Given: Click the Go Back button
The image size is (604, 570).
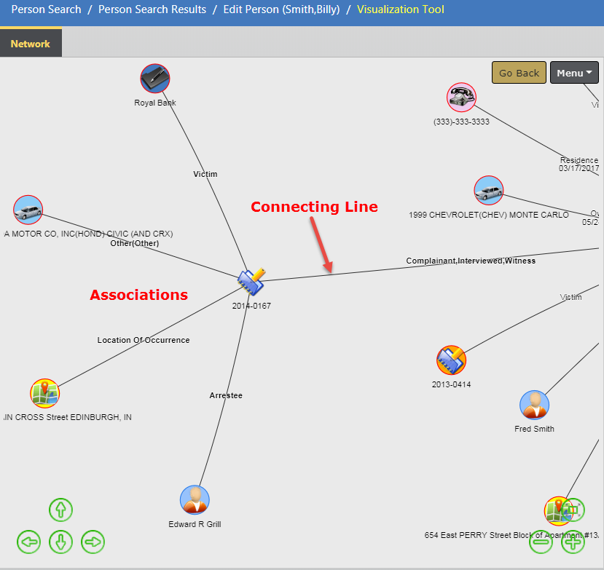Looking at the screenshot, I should click(x=519, y=73).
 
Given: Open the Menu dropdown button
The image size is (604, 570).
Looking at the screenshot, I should click(x=574, y=73).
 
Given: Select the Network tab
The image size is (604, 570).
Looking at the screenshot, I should click(x=31, y=44).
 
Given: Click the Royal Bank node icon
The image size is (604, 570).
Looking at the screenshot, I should click(x=155, y=79).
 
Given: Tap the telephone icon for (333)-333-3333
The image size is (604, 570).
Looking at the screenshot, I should click(x=461, y=97).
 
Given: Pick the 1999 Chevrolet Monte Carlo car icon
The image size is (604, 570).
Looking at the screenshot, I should click(x=489, y=191).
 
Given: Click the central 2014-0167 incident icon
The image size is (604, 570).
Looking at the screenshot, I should click(x=251, y=280).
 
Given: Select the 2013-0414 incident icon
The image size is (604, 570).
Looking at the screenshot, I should click(x=451, y=360).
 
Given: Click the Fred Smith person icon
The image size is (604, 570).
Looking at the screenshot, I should click(x=534, y=405).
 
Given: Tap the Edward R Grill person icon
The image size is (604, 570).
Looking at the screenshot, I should click(x=195, y=500).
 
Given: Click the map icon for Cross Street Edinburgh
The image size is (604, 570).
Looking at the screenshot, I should click(x=44, y=393).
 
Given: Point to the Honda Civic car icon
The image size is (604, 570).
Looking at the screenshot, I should click(x=28, y=210).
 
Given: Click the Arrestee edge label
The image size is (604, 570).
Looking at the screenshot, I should click(x=226, y=395).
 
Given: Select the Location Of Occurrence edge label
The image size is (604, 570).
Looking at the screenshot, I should click(x=144, y=340).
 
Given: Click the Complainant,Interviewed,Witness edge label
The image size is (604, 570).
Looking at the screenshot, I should click(x=471, y=261).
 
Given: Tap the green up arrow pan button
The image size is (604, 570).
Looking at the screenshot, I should click(x=61, y=510).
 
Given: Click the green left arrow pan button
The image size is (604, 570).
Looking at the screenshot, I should click(x=29, y=542).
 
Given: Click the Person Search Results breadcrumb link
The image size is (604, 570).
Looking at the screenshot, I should click(x=152, y=10).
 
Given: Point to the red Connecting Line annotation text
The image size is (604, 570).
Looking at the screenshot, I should click(x=314, y=207).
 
